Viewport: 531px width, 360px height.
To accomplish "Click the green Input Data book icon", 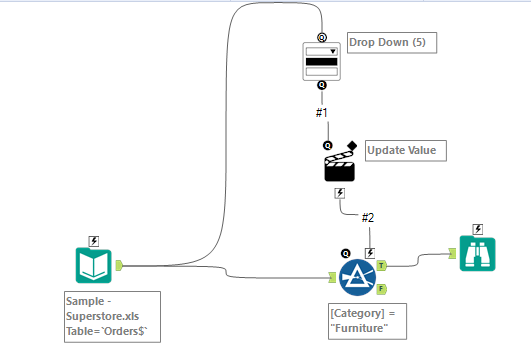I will click(x=94, y=266).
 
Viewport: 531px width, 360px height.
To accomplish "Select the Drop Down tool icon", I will click(x=322, y=61).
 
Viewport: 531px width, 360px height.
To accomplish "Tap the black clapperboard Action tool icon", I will click(x=340, y=163).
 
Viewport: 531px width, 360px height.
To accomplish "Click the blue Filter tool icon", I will click(x=357, y=277).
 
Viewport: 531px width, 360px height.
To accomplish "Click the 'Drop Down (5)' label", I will click(x=392, y=43).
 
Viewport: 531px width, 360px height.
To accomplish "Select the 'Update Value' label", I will click(x=400, y=150).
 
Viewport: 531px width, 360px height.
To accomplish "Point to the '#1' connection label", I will click(x=322, y=112).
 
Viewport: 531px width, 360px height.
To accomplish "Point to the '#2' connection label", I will click(x=368, y=218).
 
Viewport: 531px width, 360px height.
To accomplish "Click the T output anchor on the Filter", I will click(x=382, y=266).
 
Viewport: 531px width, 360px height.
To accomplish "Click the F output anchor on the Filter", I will click(x=382, y=288).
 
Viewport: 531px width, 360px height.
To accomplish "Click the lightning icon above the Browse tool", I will click(x=477, y=228).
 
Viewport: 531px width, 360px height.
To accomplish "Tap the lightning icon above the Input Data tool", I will click(x=94, y=240).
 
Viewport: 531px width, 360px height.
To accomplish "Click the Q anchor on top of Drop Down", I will click(x=322, y=35).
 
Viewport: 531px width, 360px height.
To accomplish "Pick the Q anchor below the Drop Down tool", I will click(x=322, y=87).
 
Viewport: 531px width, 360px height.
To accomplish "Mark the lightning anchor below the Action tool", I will click(x=340, y=192).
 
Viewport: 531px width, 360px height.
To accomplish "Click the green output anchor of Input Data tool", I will click(x=119, y=266).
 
